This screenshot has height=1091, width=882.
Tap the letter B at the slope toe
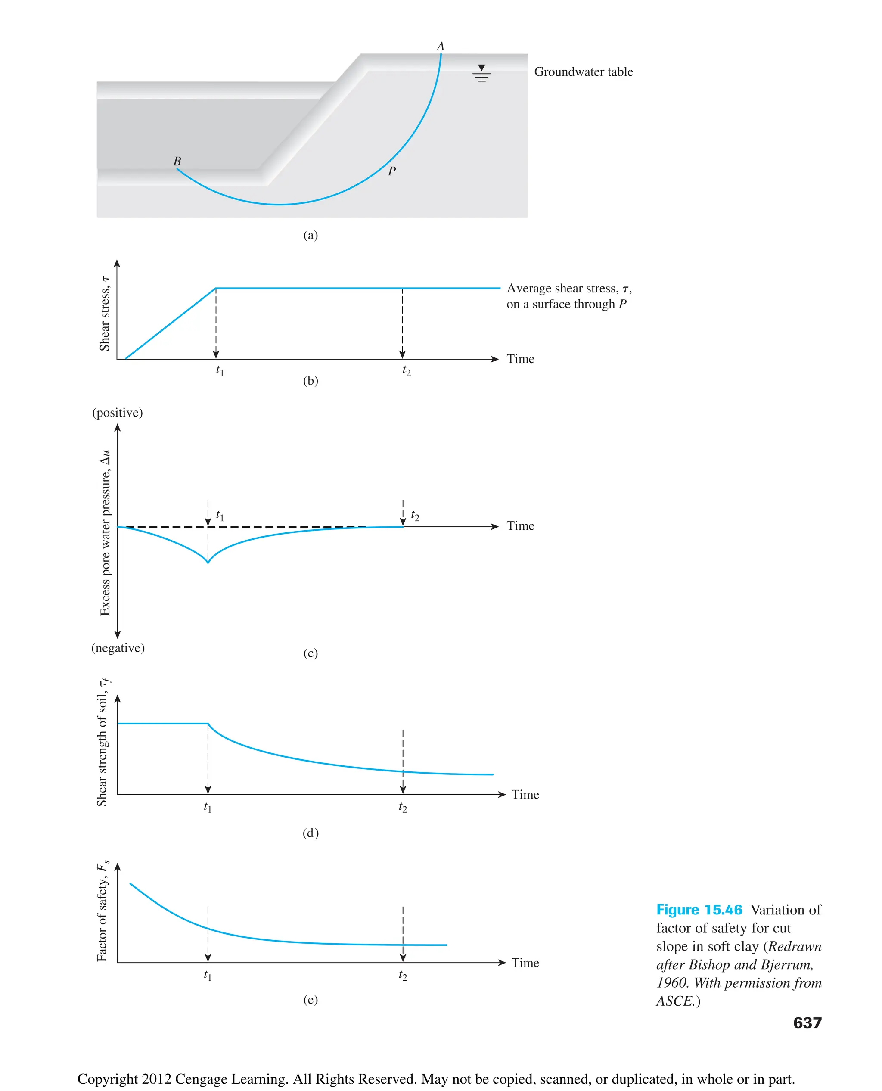pos(177,162)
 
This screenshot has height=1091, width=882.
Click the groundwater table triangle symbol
pos(481,68)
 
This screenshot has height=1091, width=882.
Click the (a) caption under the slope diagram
pos(311,235)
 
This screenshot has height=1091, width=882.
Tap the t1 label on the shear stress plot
pos(220,370)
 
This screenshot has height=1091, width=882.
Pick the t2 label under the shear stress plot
pos(406,370)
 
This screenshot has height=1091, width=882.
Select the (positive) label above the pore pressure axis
pos(118,413)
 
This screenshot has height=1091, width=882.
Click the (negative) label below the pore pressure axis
pos(118,648)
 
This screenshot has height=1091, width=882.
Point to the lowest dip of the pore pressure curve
pos(208,562)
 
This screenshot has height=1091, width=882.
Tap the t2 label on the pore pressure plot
pos(415,516)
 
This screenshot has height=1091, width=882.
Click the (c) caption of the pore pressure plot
pos(311,653)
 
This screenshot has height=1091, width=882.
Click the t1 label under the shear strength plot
pos(207,807)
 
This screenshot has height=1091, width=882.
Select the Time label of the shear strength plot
pos(525,795)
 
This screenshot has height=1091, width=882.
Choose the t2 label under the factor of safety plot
pos(402,976)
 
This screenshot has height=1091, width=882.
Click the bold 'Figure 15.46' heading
pos(699,910)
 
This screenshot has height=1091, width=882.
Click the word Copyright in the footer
pos(107,1079)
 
